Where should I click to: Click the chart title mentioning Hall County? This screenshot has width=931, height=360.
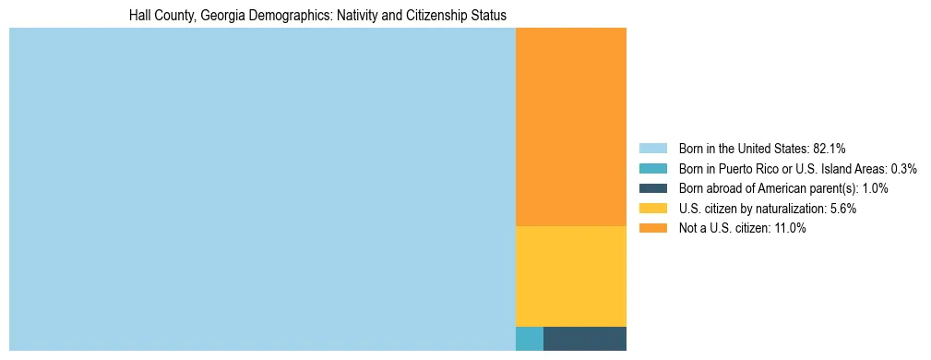317,16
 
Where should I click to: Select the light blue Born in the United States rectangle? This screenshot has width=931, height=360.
262,189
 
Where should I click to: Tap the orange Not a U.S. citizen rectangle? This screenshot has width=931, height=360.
571,126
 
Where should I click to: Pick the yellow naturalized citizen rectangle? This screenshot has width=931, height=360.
571,276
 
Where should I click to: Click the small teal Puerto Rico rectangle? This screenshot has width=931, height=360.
530,339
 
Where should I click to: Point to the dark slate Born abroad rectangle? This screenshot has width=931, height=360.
585,339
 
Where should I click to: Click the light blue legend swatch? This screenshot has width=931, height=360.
652,149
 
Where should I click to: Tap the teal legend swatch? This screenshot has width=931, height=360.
652,169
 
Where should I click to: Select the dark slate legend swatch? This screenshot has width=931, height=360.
652,188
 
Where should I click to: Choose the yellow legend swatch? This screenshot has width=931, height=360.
652,209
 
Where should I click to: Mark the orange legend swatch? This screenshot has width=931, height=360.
652,228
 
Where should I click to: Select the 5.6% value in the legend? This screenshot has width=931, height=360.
841,209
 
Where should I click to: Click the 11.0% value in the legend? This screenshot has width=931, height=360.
790,228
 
